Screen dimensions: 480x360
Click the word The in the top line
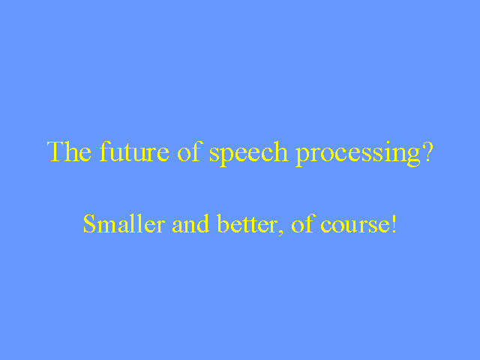point(69,151)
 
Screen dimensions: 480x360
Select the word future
point(134,151)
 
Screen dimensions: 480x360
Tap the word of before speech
point(190,151)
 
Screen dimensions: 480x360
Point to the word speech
point(249,154)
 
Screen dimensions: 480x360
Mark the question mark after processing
point(427,151)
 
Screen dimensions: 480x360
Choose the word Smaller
point(124,223)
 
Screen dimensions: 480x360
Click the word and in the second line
point(190,223)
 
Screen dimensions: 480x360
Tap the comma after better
point(280,232)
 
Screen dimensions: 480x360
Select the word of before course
point(303,223)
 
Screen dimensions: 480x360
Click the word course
point(355,226)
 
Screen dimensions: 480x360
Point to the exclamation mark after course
point(394,223)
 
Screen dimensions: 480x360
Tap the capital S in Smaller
point(90,223)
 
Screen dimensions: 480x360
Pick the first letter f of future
point(105,151)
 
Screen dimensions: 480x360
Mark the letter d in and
point(202,223)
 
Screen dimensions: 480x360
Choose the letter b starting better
point(223,223)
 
